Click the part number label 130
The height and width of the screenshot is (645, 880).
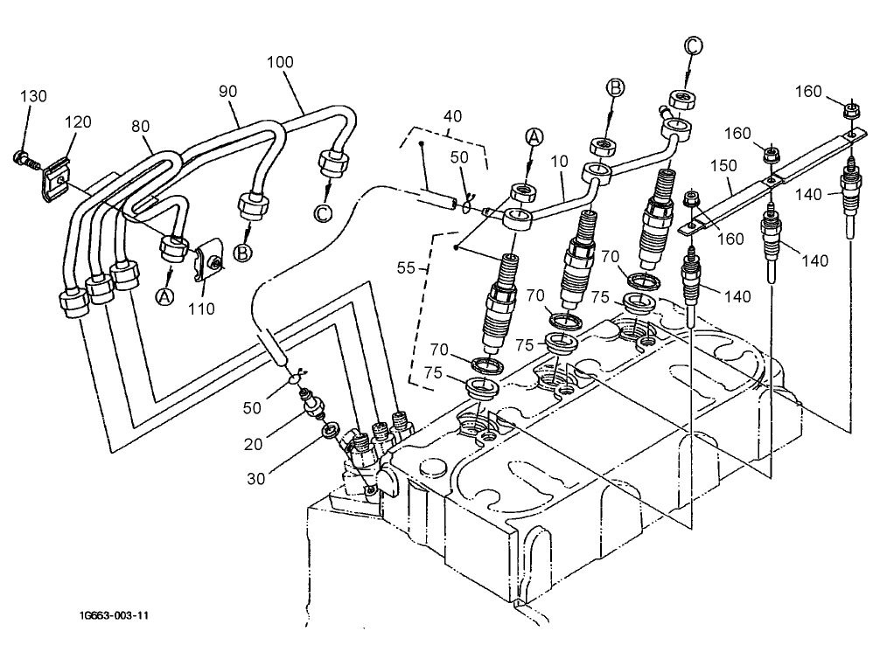[32, 95]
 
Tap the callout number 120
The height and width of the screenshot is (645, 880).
[77, 123]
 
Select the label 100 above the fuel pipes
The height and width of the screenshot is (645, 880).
[281, 63]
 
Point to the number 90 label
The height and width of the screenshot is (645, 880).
[228, 91]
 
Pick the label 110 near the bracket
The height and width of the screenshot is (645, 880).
[202, 309]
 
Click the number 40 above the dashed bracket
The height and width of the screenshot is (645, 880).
[453, 117]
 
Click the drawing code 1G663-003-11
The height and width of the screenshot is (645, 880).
[113, 615]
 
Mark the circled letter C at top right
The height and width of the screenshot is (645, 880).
[691, 46]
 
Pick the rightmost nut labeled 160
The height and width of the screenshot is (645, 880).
[849, 111]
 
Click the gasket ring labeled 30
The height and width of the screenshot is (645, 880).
[331, 430]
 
